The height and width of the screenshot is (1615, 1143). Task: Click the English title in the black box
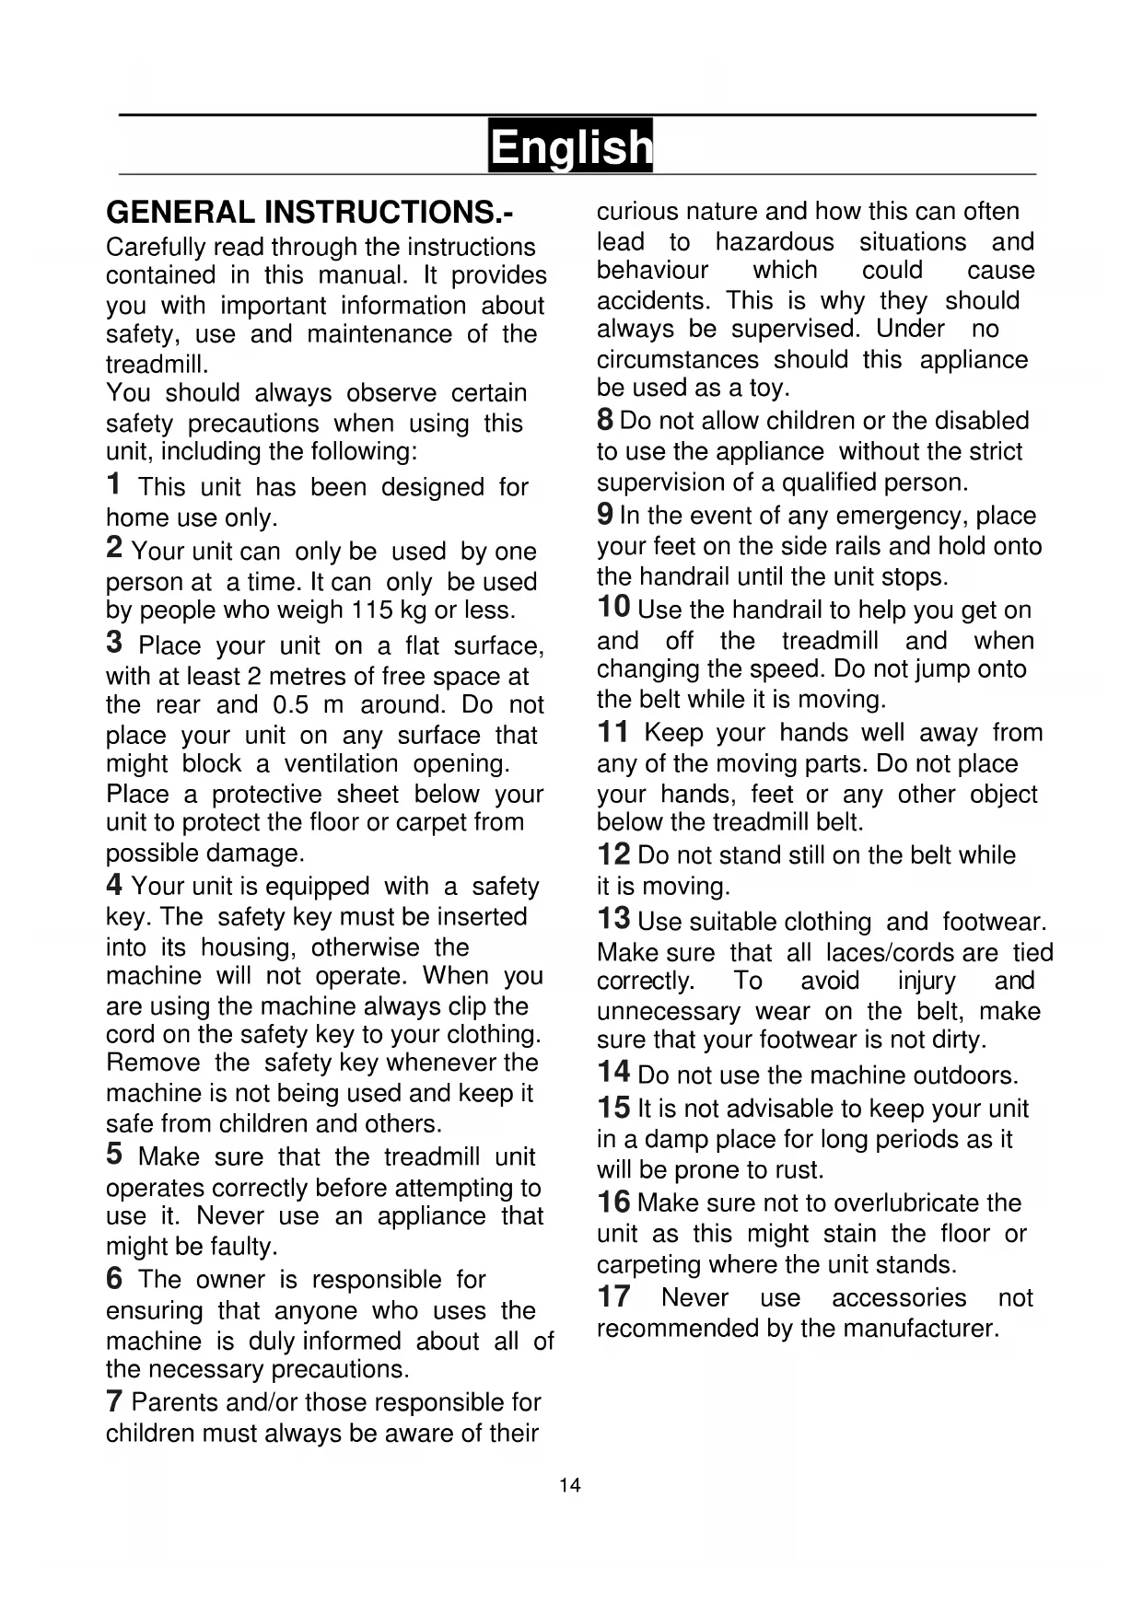coord(570,146)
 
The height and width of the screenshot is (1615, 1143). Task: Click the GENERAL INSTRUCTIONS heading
coord(309,213)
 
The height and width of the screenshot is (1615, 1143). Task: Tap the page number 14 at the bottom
coord(570,1485)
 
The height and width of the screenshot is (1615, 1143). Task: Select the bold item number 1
coord(113,483)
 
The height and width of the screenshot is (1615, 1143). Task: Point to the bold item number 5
coord(114,1154)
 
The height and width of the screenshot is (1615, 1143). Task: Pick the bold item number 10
coord(613,608)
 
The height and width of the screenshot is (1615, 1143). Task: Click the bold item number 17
coord(613,1296)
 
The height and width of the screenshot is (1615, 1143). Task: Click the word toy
coord(767,389)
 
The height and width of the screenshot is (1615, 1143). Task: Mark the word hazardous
coord(775,242)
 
